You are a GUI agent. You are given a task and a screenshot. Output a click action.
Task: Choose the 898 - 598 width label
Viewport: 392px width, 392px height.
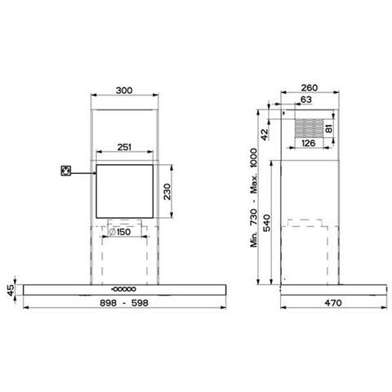(x=124, y=303)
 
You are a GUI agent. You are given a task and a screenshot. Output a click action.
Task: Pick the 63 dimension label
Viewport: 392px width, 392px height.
(x=305, y=100)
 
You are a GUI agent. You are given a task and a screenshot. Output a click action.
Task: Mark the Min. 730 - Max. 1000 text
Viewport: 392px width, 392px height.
(x=255, y=197)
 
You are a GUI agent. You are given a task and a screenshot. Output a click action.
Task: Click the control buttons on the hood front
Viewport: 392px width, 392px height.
(x=123, y=288)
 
